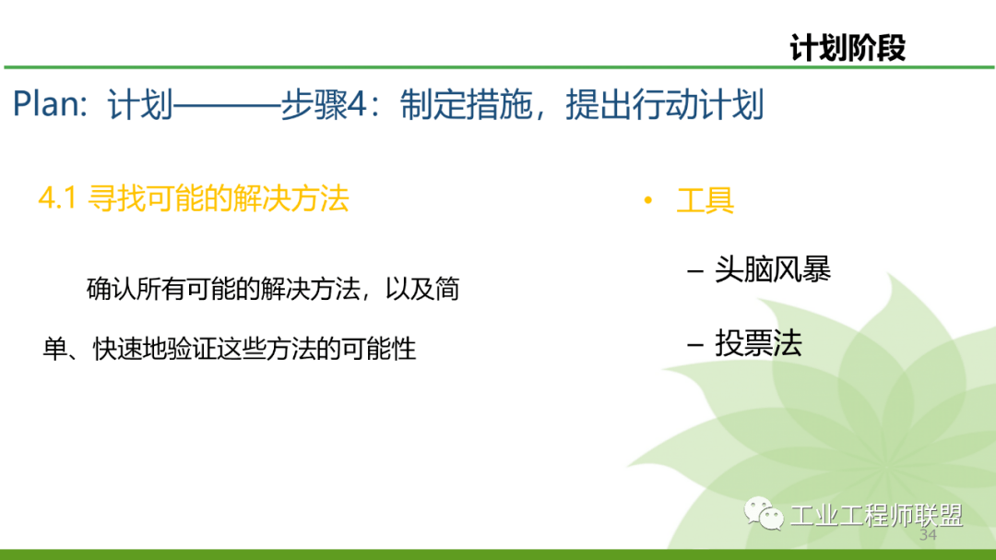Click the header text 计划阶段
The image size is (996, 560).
coord(848,48)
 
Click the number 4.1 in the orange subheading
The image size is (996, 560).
coord(56,198)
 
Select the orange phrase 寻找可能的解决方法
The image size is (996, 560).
coord(219,198)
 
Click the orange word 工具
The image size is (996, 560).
coord(705,200)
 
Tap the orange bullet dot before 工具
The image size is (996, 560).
coord(648,200)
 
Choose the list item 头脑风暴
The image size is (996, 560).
coord(773,269)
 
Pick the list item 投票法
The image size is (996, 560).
coord(758,343)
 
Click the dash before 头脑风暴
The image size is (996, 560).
coord(695,270)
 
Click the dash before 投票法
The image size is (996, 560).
coord(695,344)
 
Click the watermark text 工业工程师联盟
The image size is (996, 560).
coord(876,515)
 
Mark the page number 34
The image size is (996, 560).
coord(928,536)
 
